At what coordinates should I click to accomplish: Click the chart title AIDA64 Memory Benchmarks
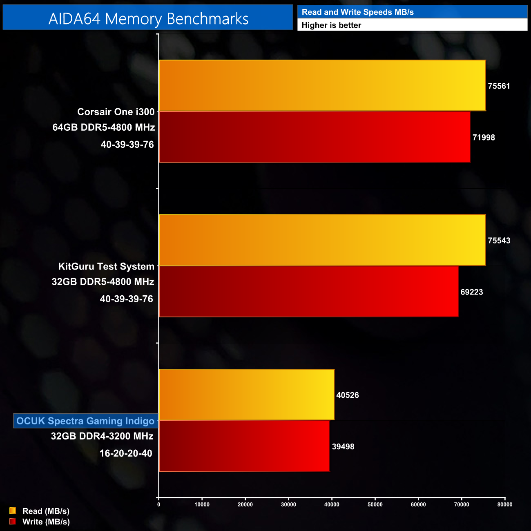(148, 19)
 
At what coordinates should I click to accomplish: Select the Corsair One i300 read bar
(322, 85)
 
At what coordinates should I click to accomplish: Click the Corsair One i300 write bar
(315, 137)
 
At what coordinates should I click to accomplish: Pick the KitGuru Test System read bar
(322, 240)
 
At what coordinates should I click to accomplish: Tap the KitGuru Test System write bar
(308, 291)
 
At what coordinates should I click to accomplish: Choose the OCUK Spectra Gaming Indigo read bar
(247, 395)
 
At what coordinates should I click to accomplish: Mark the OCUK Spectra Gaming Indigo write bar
(244, 446)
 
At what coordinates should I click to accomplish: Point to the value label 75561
(499, 86)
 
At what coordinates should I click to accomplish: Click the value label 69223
(471, 292)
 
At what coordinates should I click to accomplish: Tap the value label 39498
(343, 446)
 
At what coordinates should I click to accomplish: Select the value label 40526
(348, 395)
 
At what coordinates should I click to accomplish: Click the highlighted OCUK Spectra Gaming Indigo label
(85, 421)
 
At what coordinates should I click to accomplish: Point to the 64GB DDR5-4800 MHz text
(104, 127)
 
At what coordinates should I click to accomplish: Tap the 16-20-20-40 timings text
(126, 453)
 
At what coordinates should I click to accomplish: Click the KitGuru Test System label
(106, 267)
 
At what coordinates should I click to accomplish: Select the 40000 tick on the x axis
(332, 504)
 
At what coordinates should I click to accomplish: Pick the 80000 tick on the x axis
(505, 504)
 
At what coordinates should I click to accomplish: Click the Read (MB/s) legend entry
(46, 511)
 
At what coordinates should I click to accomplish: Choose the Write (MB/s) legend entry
(46, 522)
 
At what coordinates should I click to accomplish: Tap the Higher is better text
(331, 25)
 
